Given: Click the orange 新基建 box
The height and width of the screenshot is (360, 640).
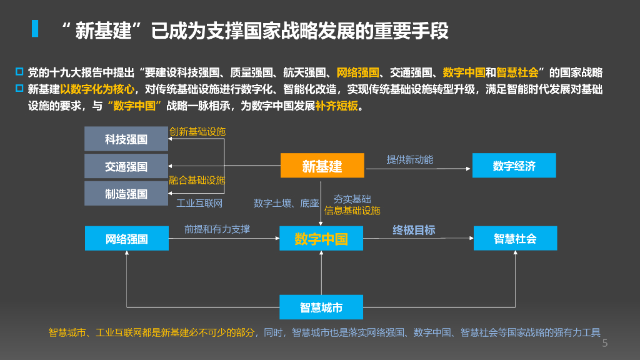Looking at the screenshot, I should click(322, 166).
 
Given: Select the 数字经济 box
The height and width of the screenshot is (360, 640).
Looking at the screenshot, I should click(514, 166).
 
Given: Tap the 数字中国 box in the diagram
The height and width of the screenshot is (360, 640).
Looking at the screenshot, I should click(321, 238).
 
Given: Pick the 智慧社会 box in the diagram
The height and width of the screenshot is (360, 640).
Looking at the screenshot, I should click(515, 238).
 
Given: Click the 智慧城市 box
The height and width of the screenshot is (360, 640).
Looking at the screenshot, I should click(321, 307).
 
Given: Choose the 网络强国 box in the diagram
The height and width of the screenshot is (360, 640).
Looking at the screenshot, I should click(126, 238).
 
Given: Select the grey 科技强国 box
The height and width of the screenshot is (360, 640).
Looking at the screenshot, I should click(126, 139).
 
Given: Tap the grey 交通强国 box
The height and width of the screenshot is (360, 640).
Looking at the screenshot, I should click(126, 166).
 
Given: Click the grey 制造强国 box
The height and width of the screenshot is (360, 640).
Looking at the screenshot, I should click(126, 194).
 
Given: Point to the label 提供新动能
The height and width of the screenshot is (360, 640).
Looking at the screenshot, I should click(409, 159).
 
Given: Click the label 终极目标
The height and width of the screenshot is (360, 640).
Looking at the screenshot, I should click(414, 230).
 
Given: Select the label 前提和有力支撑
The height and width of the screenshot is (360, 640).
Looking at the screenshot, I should click(217, 229).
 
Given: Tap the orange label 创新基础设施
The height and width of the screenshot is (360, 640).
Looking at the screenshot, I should click(197, 131).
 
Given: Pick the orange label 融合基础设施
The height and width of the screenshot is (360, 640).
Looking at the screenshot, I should click(197, 180).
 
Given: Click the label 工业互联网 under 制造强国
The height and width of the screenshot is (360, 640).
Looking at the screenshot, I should click(199, 203).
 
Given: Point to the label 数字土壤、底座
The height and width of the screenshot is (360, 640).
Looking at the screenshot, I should click(286, 203).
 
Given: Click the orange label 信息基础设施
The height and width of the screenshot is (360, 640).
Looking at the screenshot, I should click(352, 211).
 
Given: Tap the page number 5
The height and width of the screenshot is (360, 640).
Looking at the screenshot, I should click(604, 343).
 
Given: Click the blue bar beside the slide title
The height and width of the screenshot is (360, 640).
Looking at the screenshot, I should click(35, 29).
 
